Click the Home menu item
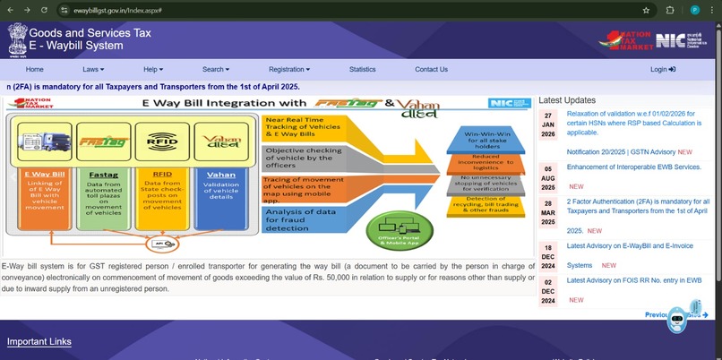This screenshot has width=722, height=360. pyautogui.click(x=34, y=69)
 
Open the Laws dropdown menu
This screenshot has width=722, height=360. pyautogui.click(x=93, y=69)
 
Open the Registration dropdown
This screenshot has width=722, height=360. pyautogui.click(x=288, y=69)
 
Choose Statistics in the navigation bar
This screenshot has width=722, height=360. pyautogui.click(x=362, y=69)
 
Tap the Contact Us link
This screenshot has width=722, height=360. pyautogui.click(x=431, y=69)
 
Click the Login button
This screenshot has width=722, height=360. pyautogui.click(x=662, y=69)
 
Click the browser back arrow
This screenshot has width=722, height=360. pyautogui.click(x=10, y=10)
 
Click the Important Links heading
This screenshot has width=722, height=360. pyautogui.click(x=39, y=341)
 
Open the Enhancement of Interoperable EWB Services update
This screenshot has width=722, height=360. pyautogui.click(x=633, y=167)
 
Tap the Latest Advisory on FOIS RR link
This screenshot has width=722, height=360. pyautogui.click(x=633, y=280)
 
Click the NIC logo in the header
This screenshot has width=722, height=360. pyautogui.click(x=669, y=39)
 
